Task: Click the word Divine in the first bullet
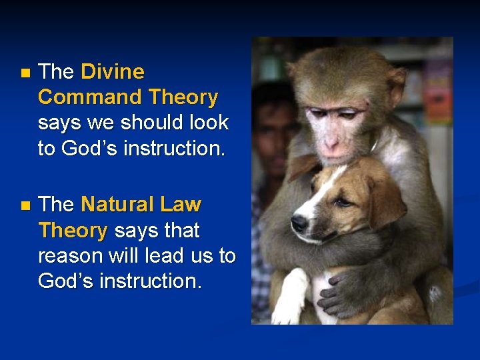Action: [x=112, y=71]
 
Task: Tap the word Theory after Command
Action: [x=183, y=97]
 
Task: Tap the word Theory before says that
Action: [x=72, y=231]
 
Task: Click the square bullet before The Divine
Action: [x=25, y=72]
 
